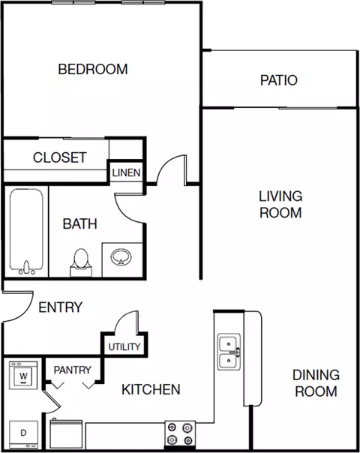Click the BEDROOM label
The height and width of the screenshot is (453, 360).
click(93, 69)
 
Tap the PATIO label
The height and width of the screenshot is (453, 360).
click(279, 80)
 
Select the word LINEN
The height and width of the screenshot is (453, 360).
click(126, 172)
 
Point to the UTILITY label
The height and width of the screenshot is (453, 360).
click(124, 346)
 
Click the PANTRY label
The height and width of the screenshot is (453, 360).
click(73, 370)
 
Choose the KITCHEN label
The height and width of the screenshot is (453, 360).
click(151, 389)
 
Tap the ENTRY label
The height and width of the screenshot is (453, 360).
click(61, 307)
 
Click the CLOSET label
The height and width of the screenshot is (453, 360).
click(60, 157)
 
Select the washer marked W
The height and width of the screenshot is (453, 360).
click(23, 375)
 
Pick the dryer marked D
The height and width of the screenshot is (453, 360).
click(24, 434)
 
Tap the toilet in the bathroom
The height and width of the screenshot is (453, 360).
click(81, 262)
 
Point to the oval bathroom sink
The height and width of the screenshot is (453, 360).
click(121, 257)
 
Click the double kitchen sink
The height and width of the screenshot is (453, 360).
click(229, 352)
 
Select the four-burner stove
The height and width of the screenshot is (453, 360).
click(180, 434)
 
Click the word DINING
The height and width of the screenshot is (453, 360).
click(316, 375)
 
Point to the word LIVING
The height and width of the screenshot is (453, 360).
click(280, 196)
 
